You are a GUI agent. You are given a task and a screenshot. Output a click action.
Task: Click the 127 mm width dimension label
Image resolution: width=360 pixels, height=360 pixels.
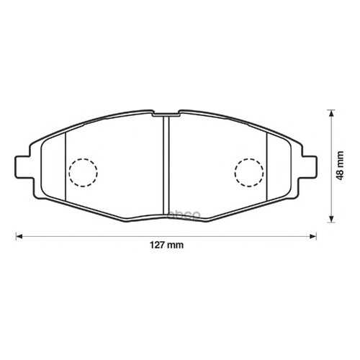[x=166, y=245]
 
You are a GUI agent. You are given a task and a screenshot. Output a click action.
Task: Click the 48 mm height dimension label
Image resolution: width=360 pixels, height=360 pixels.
[x=340, y=166]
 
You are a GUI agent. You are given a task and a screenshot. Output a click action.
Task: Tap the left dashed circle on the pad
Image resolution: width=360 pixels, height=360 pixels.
[x=83, y=173]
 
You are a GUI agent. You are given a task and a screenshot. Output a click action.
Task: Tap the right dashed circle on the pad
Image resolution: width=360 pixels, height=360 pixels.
[x=249, y=173]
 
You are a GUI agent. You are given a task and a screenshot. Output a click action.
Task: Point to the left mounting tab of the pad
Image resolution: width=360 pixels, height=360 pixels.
[x=24, y=167]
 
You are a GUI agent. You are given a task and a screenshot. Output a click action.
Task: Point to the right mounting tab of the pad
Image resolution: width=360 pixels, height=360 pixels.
[x=309, y=167]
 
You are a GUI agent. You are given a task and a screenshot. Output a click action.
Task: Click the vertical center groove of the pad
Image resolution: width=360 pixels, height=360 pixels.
[x=166, y=165]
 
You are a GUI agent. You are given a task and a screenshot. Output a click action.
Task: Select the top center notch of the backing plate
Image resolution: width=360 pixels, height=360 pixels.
[x=166, y=114]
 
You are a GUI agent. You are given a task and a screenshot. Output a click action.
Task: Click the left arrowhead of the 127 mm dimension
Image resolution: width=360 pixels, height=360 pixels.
[x=19, y=236]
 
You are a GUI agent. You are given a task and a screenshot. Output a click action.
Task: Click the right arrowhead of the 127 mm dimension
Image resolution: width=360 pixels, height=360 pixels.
[x=313, y=236]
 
